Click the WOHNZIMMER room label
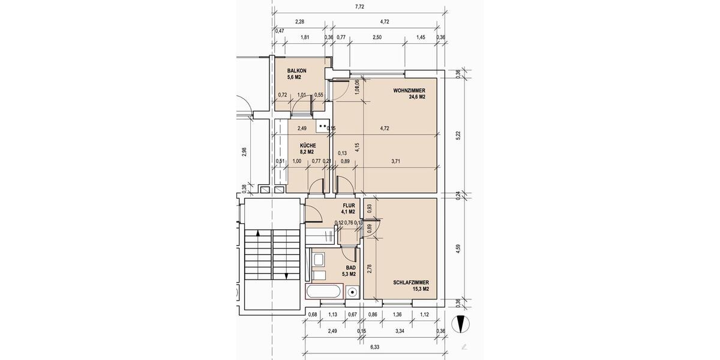[x=409, y=91]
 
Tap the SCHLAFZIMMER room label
[x=411, y=282]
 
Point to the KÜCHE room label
[x=308, y=145]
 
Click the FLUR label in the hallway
[x=349, y=205]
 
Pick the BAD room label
[x=350, y=268]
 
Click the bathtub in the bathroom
[x=325, y=293]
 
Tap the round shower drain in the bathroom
[x=353, y=293]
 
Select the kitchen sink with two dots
[x=323, y=127]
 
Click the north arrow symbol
[x=461, y=325]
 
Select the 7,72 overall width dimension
[x=360, y=7]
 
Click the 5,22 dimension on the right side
[x=458, y=136]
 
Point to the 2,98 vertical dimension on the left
[x=244, y=152]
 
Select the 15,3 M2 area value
[x=421, y=289]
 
